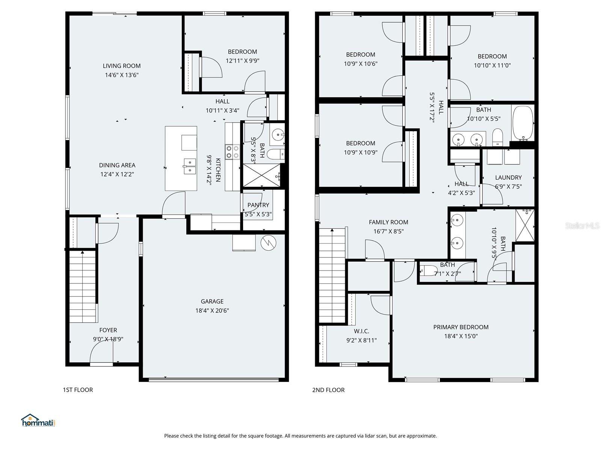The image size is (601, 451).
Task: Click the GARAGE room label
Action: (212, 301)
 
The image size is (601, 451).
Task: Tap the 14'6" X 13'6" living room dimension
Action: (121, 75)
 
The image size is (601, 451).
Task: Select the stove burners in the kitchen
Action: (232, 152)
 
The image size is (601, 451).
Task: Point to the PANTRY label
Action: (258, 205)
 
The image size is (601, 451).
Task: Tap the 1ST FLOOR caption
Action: (78, 390)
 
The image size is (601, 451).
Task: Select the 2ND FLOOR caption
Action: (328, 390)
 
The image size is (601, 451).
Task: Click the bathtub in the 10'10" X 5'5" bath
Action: (522, 123)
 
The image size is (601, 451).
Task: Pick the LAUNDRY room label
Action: (508, 177)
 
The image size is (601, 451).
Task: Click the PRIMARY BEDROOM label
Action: (461, 327)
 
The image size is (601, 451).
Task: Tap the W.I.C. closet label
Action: (361, 331)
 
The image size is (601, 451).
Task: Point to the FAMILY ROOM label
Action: (388, 222)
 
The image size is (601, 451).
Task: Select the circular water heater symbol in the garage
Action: (268, 243)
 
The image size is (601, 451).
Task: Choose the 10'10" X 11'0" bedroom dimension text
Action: (492, 65)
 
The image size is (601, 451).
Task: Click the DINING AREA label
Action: (117, 165)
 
